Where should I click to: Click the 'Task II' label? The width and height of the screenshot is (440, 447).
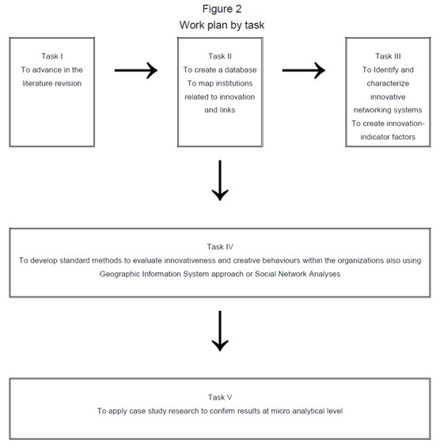(221, 56)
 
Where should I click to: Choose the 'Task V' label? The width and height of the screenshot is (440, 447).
(221, 396)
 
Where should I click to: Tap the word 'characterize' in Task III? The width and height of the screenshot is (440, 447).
(388, 83)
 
